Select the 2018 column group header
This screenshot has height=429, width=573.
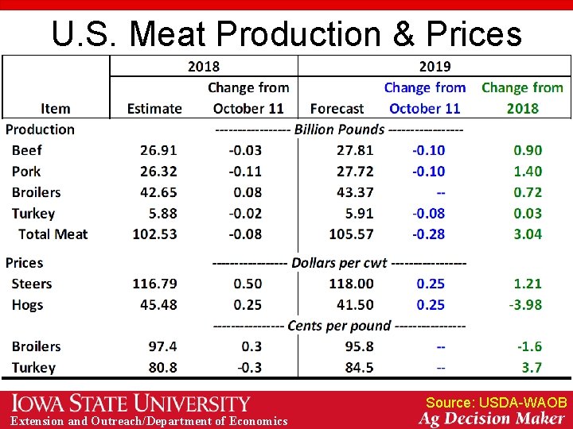203,67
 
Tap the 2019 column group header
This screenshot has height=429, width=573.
434,67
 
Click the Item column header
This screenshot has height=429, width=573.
56,109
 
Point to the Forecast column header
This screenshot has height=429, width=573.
337,109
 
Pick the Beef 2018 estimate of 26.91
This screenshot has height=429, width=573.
158,150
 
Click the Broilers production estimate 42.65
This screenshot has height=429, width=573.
158,192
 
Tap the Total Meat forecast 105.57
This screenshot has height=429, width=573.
351,234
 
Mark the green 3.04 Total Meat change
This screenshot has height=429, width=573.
527,234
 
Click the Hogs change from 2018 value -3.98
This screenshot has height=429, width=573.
525,305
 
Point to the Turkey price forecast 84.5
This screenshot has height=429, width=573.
358,368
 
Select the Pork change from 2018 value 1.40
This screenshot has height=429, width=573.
527,171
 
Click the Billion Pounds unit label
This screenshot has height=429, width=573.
340,129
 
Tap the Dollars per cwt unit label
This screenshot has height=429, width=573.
340,263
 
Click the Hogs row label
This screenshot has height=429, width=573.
28,305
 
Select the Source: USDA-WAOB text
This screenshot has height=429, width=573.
496,403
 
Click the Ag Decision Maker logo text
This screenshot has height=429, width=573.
493,419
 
